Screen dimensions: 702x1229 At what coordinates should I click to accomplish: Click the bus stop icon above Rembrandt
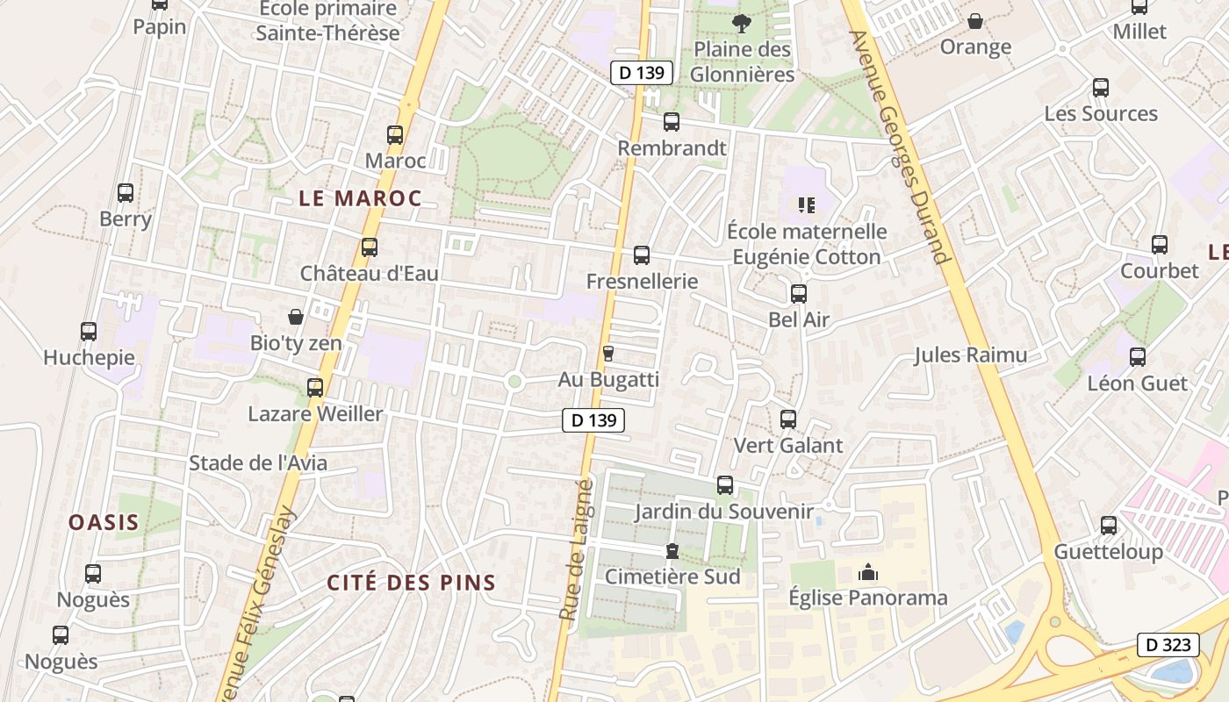[672, 122]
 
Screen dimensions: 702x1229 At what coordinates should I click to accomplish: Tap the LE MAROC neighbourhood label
[360, 198]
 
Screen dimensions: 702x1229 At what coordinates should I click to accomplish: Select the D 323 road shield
[1168, 645]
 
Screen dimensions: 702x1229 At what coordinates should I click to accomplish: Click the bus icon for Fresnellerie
[642, 255]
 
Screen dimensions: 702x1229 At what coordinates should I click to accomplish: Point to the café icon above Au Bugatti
[607, 354]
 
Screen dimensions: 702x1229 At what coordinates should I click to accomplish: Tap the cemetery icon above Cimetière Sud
[672, 551]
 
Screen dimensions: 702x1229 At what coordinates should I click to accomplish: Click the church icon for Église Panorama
[868, 573]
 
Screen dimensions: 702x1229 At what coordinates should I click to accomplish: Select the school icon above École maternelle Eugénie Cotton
[807, 205]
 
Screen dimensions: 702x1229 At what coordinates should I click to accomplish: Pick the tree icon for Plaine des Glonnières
[742, 23]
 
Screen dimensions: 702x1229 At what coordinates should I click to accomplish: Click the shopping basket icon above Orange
[975, 21]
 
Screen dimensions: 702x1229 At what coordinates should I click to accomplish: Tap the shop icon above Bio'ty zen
[296, 317]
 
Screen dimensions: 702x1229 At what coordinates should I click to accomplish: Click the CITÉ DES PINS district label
[412, 583]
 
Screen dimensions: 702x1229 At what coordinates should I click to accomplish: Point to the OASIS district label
[104, 522]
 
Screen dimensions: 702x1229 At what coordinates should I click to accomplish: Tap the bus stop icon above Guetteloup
[1109, 526]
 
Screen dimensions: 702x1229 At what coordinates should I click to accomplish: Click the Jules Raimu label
[970, 355]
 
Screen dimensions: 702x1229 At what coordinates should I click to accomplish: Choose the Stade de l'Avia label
[258, 463]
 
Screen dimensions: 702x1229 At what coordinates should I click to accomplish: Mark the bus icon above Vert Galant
[788, 419]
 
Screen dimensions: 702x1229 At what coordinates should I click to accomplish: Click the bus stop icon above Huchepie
[89, 332]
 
